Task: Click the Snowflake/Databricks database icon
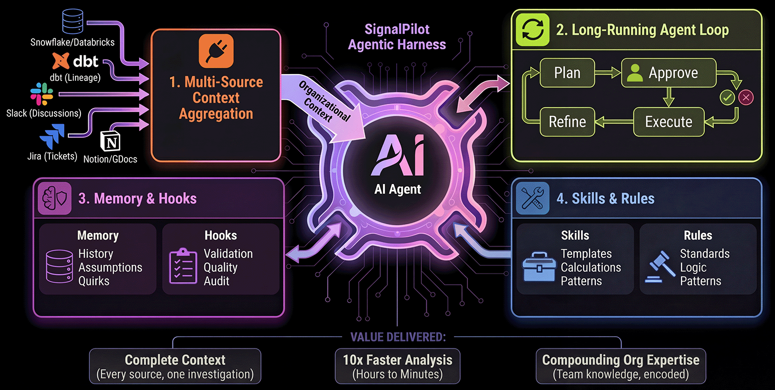[73, 22]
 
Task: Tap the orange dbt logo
[62, 61]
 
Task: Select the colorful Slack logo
[42, 94]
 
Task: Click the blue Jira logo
[53, 136]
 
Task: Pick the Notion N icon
[110, 141]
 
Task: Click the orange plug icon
[216, 51]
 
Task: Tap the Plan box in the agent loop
[567, 73]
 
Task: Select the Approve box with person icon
[668, 73]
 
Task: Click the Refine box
[567, 122]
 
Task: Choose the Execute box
[668, 122]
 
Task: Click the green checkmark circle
[727, 97]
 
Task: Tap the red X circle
[746, 97]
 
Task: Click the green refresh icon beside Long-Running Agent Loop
[532, 30]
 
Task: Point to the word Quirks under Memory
[94, 281]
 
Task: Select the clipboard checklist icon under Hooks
[183, 266]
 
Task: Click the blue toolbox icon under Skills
[539, 267]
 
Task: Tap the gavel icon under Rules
[660, 267]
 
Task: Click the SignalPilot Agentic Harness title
[397, 37]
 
